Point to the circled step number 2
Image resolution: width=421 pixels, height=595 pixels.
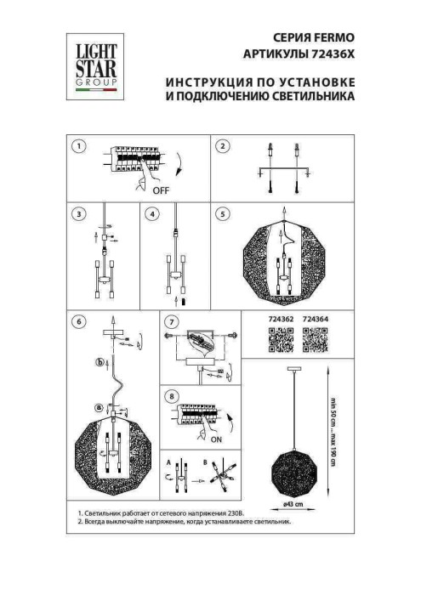[223, 146]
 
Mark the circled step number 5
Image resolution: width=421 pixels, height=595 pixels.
[223, 214]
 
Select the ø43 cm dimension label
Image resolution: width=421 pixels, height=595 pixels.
[294, 502]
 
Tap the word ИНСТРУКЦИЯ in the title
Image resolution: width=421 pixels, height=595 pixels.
[197, 82]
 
